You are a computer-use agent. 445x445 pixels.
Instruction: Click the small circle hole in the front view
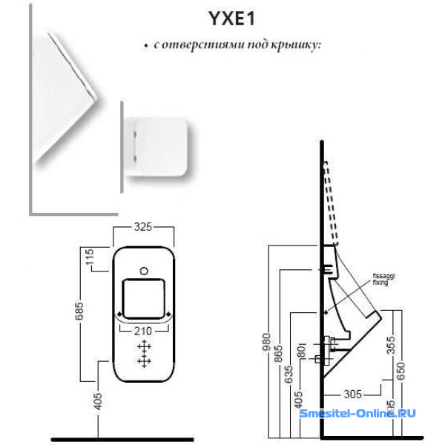[144, 268]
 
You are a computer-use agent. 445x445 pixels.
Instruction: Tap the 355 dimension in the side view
[390, 345]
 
